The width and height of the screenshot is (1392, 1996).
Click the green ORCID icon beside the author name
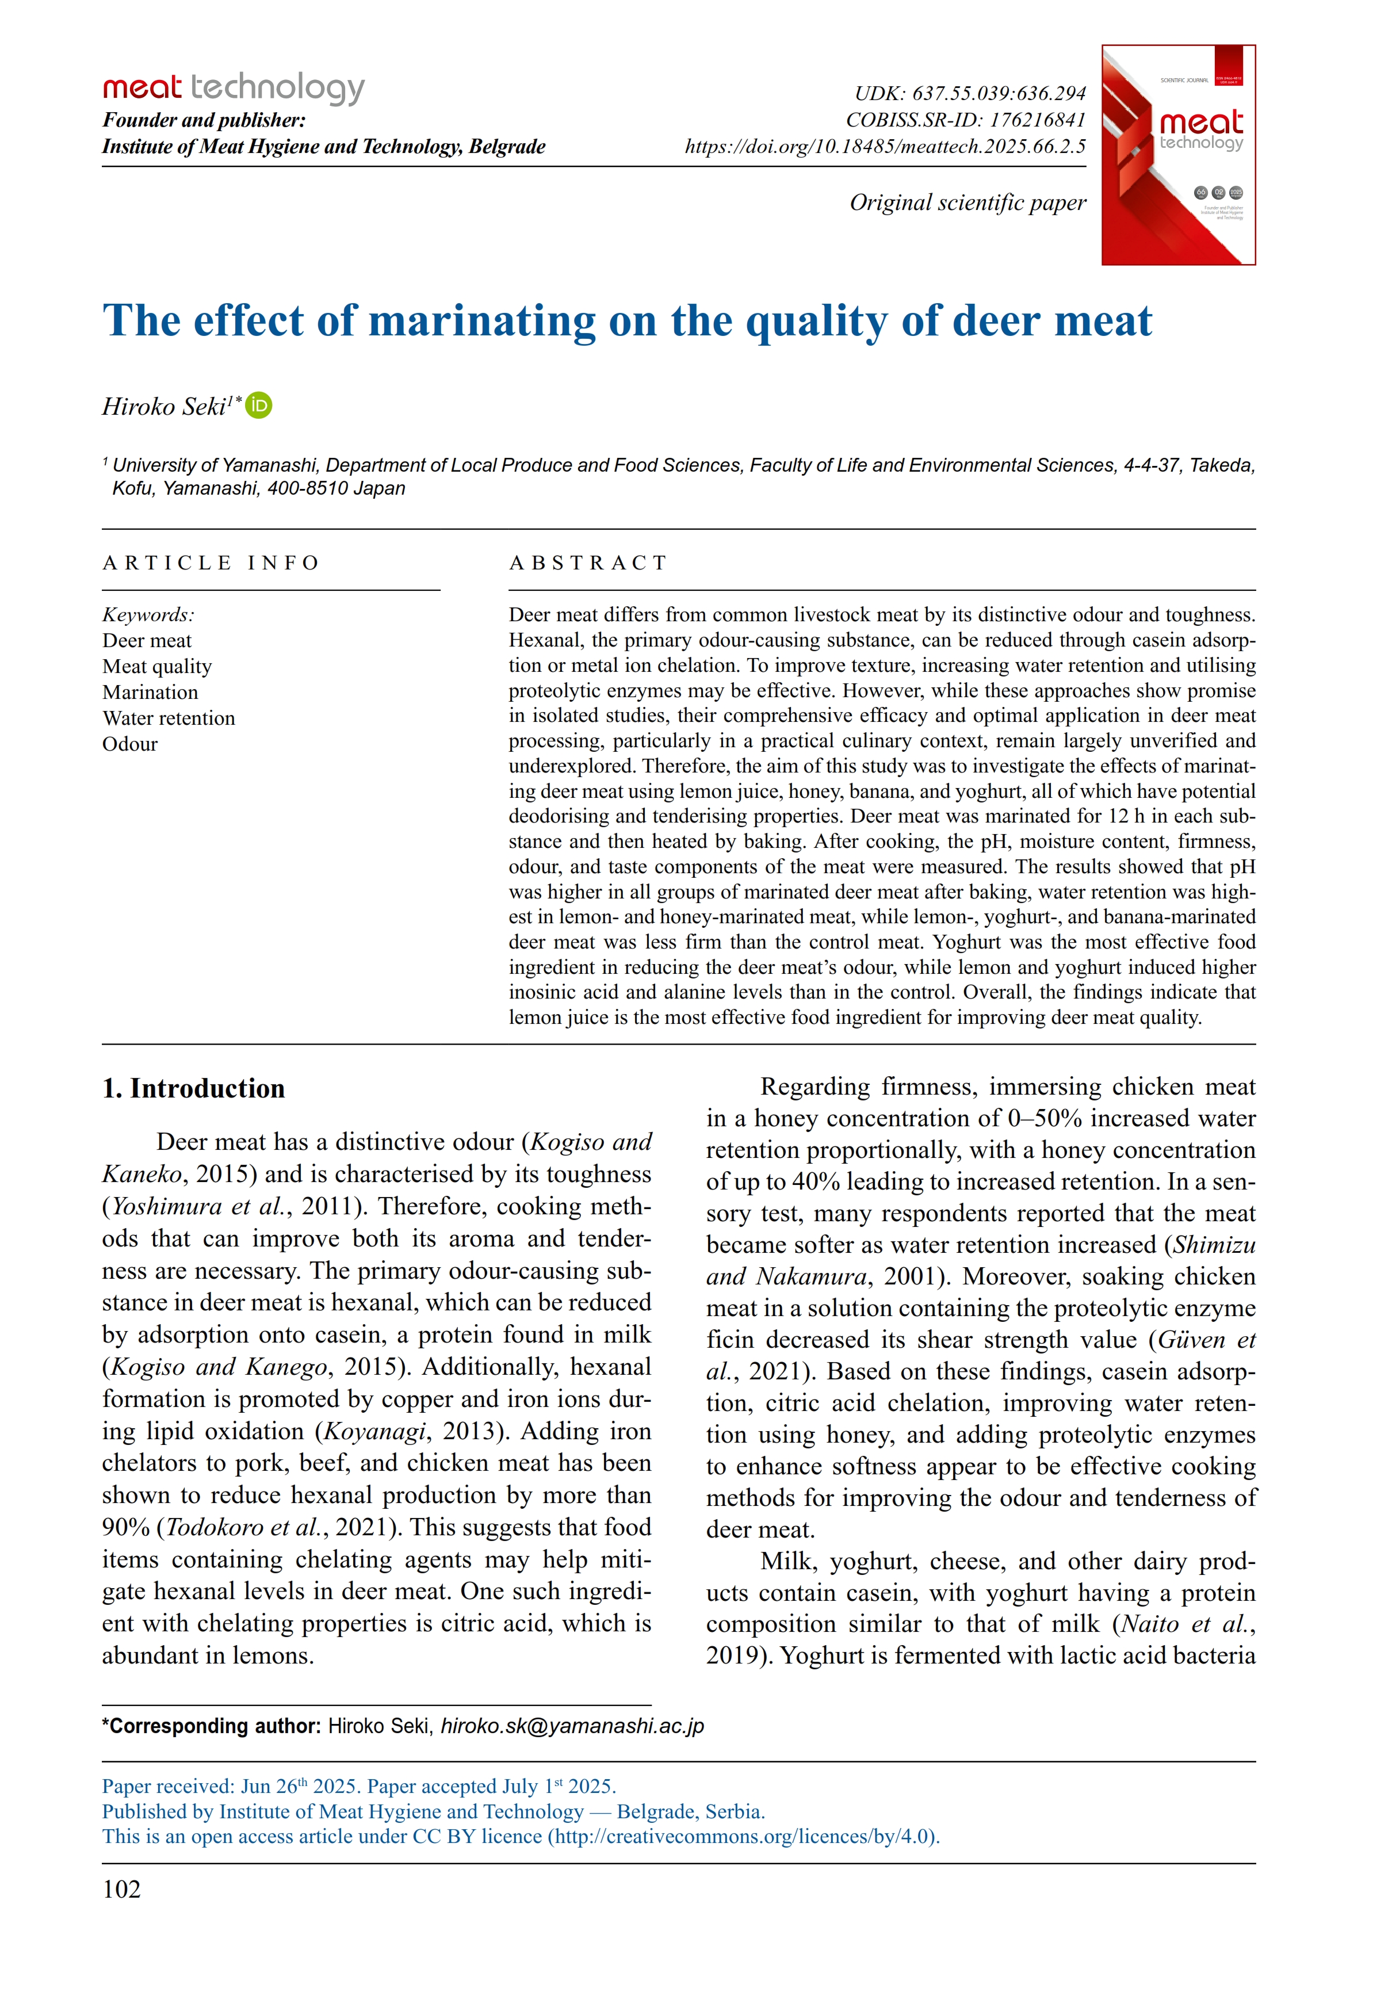click(258, 406)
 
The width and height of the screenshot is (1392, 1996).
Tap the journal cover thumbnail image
click(1177, 155)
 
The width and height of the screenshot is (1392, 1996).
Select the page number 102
click(122, 1889)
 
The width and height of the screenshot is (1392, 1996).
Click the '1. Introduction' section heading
click(193, 1088)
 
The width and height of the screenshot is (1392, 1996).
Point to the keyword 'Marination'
click(150, 692)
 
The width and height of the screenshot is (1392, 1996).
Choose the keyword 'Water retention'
click(169, 718)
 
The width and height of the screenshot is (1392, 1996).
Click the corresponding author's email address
click(572, 1726)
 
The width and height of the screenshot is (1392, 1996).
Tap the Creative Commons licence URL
click(743, 1836)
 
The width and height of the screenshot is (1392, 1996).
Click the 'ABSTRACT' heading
click(588, 563)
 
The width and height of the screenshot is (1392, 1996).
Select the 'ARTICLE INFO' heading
click(211, 563)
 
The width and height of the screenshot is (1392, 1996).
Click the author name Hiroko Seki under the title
click(165, 407)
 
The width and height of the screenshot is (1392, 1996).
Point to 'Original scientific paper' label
click(967, 202)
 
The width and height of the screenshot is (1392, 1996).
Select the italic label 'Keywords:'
click(148, 615)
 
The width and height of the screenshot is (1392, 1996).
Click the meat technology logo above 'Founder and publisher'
click(233, 88)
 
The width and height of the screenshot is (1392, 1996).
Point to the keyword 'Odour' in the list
click(131, 744)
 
